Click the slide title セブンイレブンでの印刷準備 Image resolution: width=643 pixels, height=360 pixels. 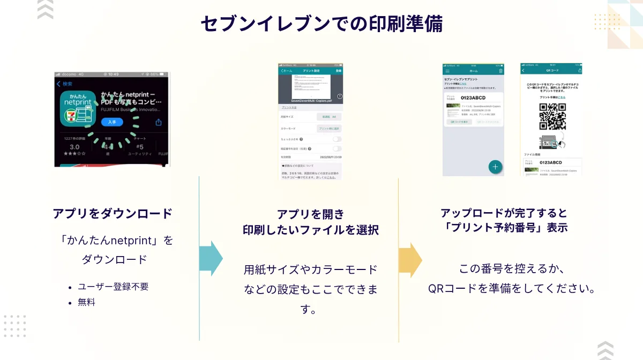tap(322, 24)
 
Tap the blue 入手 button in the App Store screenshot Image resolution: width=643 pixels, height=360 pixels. tap(112, 122)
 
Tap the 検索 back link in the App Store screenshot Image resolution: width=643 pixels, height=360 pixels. tap(65, 84)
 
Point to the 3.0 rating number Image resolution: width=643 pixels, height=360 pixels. tap(74, 147)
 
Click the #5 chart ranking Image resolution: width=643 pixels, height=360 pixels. tap(139, 147)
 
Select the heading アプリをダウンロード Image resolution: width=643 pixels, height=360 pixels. tap(113, 213)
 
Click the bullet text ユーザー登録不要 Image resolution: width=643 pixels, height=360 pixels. tap(113, 287)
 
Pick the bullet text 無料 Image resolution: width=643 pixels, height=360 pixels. tap(86, 302)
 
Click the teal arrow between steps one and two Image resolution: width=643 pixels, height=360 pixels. tap(211, 259)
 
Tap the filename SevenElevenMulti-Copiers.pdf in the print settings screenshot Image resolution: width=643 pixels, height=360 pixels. tap(311, 100)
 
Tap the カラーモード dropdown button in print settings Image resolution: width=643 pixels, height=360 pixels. tap(329, 129)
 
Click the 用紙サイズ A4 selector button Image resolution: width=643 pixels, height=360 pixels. tap(329, 116)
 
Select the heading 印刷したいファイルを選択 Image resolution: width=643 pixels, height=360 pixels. tap(311, 230)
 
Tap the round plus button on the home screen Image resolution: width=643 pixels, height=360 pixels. tap(495, 167)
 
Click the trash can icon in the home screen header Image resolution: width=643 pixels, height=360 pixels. tap(500, 70)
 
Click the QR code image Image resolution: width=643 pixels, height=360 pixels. tap(552, 117)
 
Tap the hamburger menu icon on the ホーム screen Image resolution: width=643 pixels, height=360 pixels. tap(447, 70)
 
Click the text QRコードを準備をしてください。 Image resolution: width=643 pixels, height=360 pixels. tap(512, 288)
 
